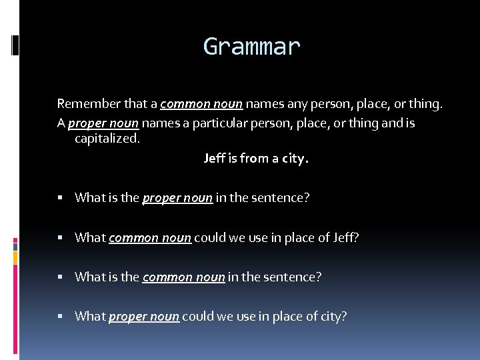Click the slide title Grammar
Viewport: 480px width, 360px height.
[252, 47]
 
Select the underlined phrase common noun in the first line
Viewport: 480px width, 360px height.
[203, 103]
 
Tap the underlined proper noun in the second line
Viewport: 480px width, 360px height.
[102, 123]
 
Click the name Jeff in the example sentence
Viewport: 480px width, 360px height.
[215, 159]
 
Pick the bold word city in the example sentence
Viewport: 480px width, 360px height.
[295, 159]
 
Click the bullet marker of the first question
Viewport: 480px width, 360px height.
[60, 197]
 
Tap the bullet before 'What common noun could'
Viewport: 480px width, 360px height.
[60, 237]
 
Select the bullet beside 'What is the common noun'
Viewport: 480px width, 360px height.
[60, 277]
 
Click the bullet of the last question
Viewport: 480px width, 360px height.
[60, 317]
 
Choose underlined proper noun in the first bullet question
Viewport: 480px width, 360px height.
[177, 197]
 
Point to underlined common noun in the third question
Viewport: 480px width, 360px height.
[183, 277]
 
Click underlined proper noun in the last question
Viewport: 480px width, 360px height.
[144, 317]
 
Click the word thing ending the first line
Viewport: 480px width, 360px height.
[425, 103]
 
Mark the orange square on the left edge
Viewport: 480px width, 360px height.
[15, 256]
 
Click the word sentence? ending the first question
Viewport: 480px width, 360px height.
[281, 197]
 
